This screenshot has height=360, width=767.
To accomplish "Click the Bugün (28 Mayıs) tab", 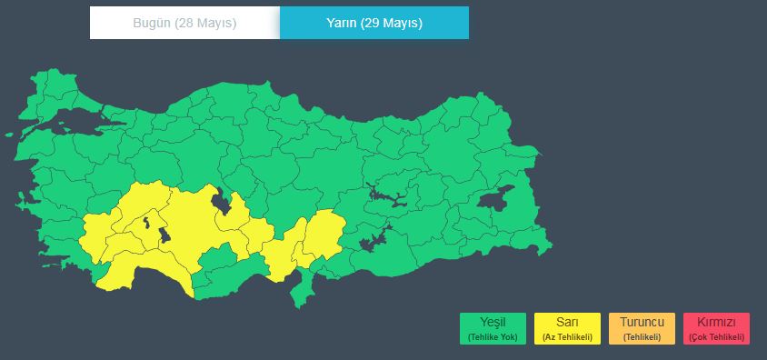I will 184,23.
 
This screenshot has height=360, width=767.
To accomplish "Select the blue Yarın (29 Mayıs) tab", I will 374,23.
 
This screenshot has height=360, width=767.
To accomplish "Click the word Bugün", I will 152,23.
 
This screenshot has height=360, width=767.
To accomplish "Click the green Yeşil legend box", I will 493,328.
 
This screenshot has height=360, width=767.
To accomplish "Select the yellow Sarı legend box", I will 567,328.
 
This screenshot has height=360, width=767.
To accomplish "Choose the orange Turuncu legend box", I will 642,328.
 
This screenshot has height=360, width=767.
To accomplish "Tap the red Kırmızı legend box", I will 717,328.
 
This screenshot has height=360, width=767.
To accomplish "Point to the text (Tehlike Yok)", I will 493,337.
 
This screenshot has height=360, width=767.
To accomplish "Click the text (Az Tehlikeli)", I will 567,337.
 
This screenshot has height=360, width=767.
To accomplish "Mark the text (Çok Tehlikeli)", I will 717,337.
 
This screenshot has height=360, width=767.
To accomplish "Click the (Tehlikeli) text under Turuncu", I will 642,337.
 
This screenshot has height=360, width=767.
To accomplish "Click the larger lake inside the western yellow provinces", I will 164,235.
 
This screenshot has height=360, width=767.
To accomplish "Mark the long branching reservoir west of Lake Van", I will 387,195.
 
